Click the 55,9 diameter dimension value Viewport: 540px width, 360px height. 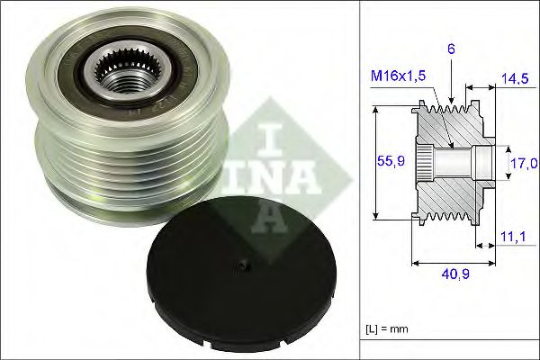(387, 162)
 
